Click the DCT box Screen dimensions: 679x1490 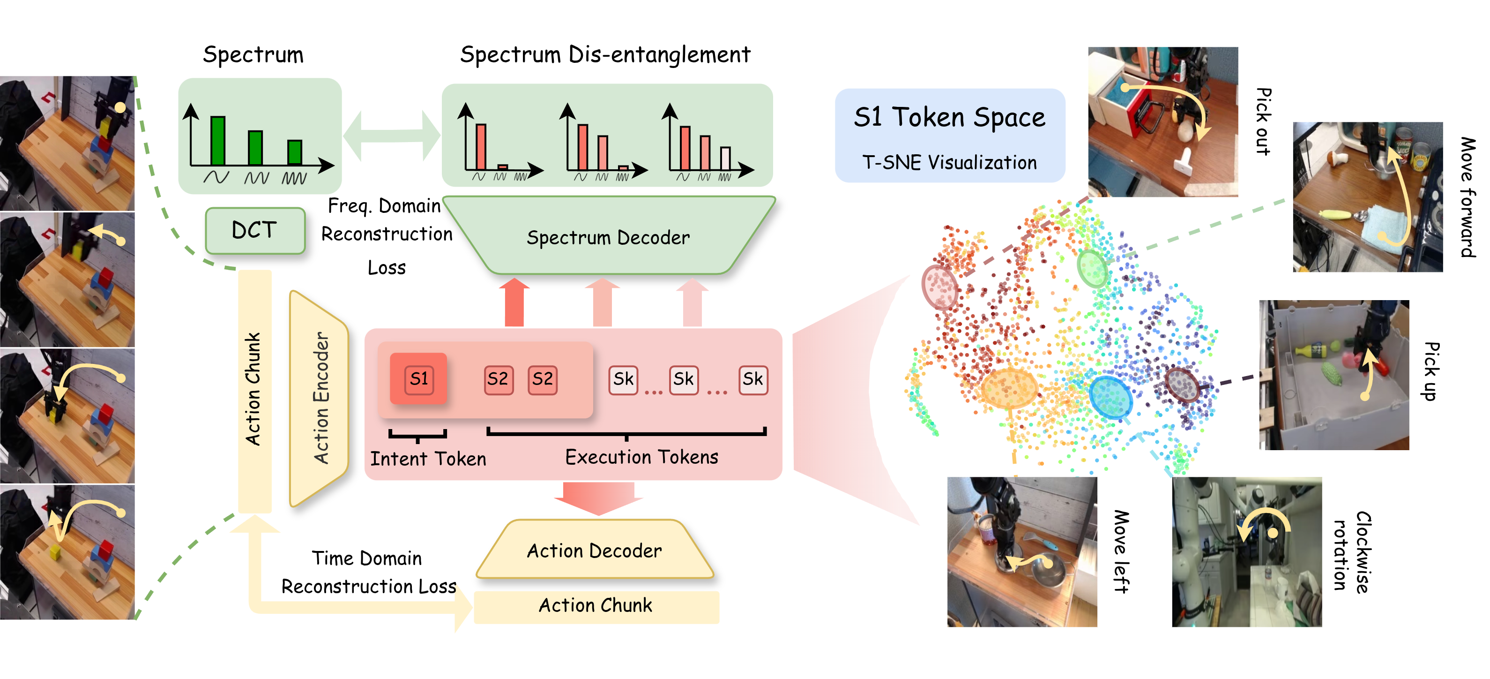tap(254, 230)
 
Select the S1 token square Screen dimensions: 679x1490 tap(419, 379)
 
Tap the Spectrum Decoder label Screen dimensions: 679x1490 tap(608, 237)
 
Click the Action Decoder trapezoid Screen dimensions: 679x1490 tap(595, 550)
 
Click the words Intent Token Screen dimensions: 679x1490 tap(428, 459)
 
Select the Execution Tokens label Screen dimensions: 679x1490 tap(641, 457)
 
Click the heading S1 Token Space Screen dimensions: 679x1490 tap(949, 118)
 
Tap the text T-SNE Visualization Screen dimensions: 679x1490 tap(949, 163)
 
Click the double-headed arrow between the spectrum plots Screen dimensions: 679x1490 tap(392, 136)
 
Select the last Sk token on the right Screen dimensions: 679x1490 tap(752, 380)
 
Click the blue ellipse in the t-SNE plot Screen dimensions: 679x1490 tap(1110, 397)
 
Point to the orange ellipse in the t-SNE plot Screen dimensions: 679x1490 tap(1009, 388)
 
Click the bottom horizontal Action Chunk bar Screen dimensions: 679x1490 tap(596, 606)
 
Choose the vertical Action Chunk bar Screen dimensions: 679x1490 tap(254, 391)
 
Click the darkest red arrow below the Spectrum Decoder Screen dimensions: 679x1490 tap(514, 303)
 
